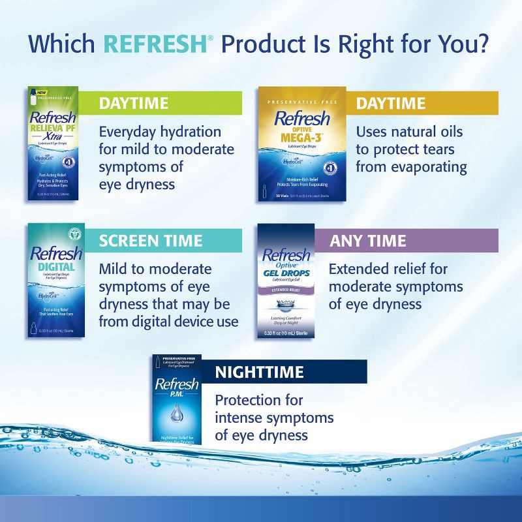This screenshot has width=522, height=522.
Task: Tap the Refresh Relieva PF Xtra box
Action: click(52, 144)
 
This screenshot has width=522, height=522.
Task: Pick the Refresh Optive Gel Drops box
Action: click(286, 281)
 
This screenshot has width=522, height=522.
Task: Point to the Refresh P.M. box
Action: click(177, 399)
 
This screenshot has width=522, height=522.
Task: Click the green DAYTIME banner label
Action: click(133, 103)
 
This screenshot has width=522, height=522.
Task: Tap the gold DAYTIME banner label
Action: click(390, 103)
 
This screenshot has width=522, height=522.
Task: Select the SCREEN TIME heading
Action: click(151, 240)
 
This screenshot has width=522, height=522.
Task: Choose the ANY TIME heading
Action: click(367, 240)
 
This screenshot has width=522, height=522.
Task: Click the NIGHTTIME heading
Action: click(259, 372)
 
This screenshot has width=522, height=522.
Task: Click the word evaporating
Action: click(429, 167)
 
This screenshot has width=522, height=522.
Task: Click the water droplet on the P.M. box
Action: click(177, 412)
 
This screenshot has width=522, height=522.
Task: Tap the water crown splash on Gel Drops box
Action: click(285, 306)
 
